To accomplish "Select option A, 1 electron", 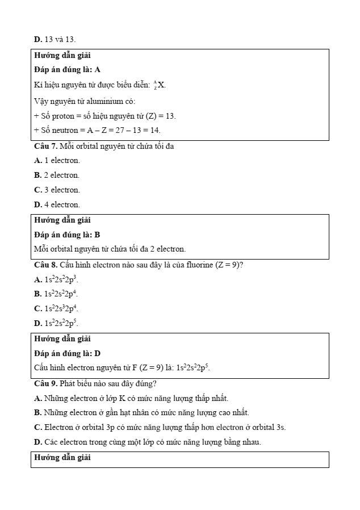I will point(57,161).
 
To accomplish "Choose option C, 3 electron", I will point(57,190).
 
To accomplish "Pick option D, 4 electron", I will point(57,204).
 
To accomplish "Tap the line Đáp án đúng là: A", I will point(67,70).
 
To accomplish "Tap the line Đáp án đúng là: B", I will point(67,235).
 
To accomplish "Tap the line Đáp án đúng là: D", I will point(67,353).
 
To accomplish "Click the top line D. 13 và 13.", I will point(55,39).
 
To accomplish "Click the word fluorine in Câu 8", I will point(199,265).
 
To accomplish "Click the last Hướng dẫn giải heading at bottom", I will point(62,457).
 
